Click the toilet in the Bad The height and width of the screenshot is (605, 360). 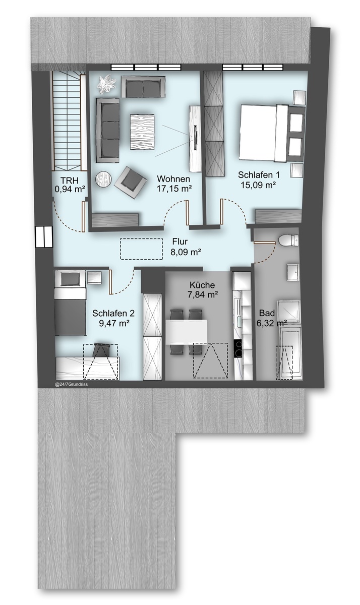click(289, 240)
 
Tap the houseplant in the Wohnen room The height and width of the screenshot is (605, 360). click(107, 84)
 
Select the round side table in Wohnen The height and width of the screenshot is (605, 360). click(104, 179)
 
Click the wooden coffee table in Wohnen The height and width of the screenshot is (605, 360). click(142, 132)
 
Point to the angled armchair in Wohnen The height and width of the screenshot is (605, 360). click(131, 183)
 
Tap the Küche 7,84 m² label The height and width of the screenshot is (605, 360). click(202, 290)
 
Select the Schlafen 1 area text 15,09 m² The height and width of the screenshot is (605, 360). click(259, 186)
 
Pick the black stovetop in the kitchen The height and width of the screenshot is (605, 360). click(238, 349)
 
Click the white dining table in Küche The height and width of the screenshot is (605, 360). click(187, 332)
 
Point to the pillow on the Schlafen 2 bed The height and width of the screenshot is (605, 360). click(71, 279)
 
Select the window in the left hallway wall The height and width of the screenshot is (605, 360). click(43, 237)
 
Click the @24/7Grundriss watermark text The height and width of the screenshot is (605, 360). click(71, 385)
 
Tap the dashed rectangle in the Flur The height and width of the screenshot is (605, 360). click(141, 249)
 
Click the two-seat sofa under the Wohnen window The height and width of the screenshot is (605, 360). click(143, 86)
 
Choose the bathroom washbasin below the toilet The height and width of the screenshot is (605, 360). click(293, 272)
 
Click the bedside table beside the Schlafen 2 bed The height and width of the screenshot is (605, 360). click(94, 277)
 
